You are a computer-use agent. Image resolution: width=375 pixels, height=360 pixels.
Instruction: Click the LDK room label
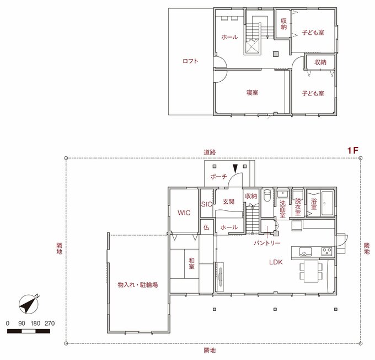click(276, 262)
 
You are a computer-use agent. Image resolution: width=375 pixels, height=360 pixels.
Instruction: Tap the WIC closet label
click(184, 213)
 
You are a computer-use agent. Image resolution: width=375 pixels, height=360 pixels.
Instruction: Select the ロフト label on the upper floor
click(190, 61)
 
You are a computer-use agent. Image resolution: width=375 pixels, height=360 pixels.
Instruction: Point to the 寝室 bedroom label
click(253, 92)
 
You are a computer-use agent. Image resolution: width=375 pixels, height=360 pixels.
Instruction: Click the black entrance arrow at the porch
click(235, 168)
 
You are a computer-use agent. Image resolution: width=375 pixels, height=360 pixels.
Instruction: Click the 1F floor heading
click(353, 150)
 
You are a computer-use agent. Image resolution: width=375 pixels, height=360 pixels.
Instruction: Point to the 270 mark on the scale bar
click(50, 324)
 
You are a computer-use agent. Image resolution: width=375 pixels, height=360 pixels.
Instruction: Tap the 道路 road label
click(210, 152)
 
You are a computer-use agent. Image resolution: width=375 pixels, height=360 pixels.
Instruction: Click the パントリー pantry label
click(267, 243)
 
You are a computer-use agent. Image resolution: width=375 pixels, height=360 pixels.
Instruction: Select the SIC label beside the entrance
click(207, 204)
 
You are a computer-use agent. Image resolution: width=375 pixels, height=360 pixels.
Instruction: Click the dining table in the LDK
click(311, 272)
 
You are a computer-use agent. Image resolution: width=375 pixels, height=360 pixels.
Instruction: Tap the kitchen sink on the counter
click(306, 252)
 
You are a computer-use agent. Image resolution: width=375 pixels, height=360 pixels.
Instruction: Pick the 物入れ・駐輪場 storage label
click(138, 285)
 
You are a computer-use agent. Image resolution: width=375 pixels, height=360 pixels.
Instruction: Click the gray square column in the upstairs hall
click(276, 54)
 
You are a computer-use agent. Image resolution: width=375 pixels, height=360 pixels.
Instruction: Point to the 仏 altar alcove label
click(206, 227)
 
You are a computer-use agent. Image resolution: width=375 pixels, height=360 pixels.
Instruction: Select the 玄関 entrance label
click(228, 202)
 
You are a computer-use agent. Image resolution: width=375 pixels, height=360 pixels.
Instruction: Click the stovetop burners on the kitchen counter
click(327, 251)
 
